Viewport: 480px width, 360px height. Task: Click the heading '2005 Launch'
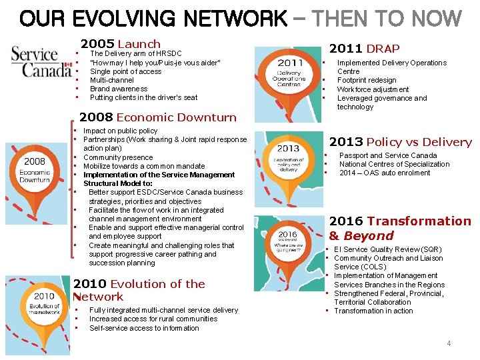tap(120, 44)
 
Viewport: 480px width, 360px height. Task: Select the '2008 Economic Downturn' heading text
tap(158, 117)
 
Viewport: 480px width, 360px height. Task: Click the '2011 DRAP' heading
tap(364, 48)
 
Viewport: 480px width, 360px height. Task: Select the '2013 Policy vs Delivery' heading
tap(400, 142)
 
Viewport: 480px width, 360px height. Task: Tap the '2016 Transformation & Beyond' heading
tap(399, 228)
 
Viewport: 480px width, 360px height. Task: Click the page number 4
tap(449, 343)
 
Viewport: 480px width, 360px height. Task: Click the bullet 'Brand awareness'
tap(119, 89)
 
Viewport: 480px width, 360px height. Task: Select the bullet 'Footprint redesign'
tap(366, 81)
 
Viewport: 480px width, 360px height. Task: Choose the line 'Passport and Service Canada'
tap(388, 155)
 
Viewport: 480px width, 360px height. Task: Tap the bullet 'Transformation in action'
tap(373, 311)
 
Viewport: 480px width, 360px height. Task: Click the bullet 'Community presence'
tap(118, 157)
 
